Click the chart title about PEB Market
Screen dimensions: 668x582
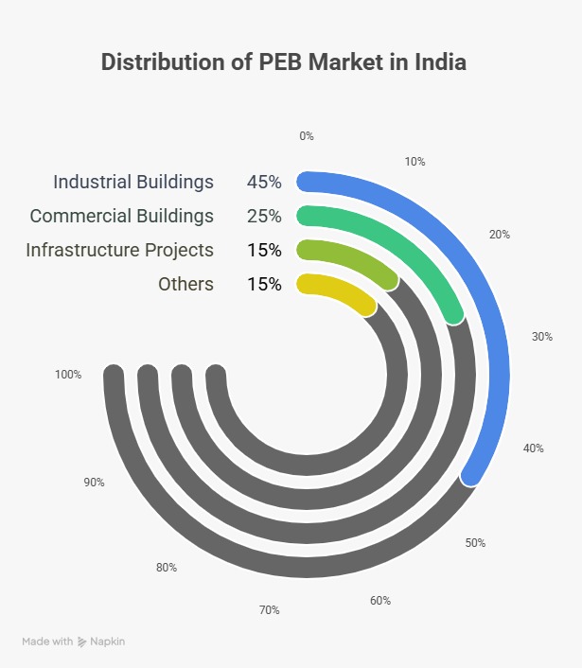(283, 62)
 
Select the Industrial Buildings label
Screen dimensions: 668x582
(133, 182)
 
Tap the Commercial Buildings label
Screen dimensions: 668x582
(121, 216)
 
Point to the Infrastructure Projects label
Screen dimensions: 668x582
(119, 250)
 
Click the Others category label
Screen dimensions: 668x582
(185, 284)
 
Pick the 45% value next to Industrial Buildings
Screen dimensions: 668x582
(264, 182)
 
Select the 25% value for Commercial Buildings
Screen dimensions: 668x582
(264, 216)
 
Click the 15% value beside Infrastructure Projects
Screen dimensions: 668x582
(264, 250)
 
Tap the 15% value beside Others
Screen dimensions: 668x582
(264, 284)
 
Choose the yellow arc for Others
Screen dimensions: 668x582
(341, 289)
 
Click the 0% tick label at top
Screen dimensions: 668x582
(306, 136)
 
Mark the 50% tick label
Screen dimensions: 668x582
(475, 543)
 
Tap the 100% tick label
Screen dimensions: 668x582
(68, 375)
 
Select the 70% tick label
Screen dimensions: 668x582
(269, 610)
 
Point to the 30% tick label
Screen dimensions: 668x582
(541, 336)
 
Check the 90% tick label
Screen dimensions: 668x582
(94, 483)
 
